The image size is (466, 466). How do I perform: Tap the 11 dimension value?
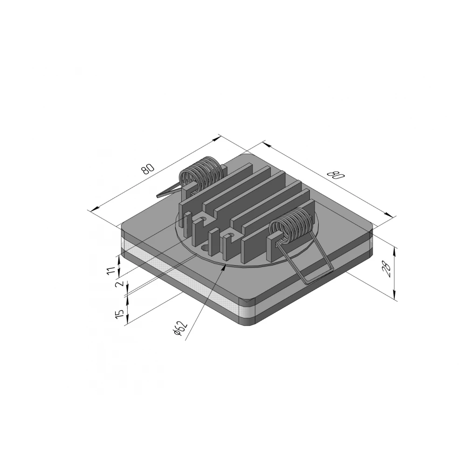click(x=111, y=271)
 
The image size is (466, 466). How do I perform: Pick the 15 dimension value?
click(x=119, y=314)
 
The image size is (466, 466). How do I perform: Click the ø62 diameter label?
click(x=181, y=329)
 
